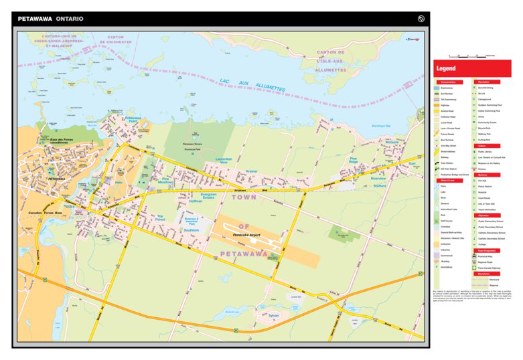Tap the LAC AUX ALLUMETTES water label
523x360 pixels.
click(252, 84)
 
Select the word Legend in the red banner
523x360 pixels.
click(447, 69)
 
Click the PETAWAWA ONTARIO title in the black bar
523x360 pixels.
click(51, 19)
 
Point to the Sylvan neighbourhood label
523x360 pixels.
click(273, 314)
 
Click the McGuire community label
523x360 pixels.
click(392, 142)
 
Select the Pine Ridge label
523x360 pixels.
click(354, 161)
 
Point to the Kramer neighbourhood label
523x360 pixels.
click(251, 171)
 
